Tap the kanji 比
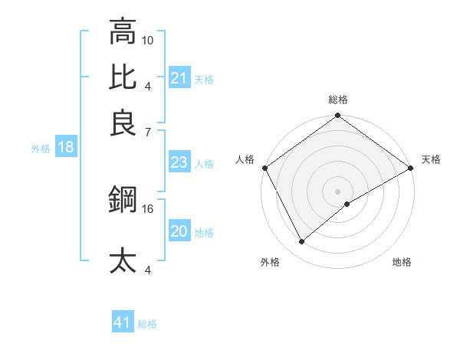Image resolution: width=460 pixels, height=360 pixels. [123, 77]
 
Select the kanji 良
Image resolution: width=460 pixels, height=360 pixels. [123, 123]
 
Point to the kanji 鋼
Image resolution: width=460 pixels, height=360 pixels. [123, 201]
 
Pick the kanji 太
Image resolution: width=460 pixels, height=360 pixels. [123, 260]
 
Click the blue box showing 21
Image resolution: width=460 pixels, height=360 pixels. [179, 78]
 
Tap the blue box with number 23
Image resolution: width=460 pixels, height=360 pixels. [179, 162]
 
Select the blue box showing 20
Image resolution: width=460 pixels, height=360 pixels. [179, 231]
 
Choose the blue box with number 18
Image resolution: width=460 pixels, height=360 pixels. [66, 147]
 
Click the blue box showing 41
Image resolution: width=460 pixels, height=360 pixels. [123, 322]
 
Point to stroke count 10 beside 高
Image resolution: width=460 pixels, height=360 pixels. [148, 39]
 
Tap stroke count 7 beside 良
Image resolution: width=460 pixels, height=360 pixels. [148, 132]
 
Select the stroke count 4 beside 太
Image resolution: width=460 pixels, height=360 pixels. [148, 270]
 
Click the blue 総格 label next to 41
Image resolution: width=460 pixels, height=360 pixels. [147, 324]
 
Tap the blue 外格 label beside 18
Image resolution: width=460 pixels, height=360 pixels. [41, 149]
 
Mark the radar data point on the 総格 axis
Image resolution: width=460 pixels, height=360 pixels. [337, 116]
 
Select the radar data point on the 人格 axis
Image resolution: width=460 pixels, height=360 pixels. [264, 168]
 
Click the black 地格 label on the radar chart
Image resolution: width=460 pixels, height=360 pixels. [402, 262]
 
